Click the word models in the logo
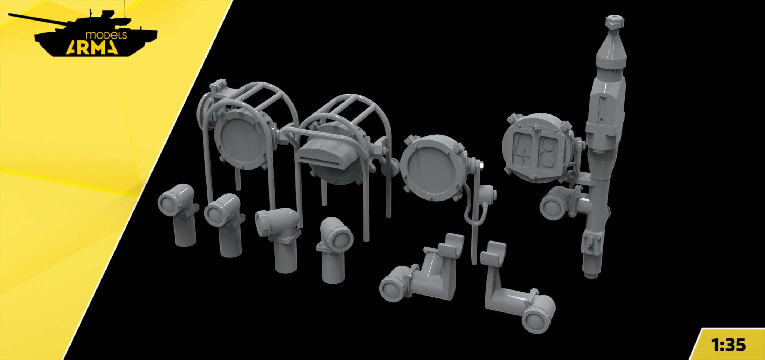point(106,35)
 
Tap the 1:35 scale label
point(728,345)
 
